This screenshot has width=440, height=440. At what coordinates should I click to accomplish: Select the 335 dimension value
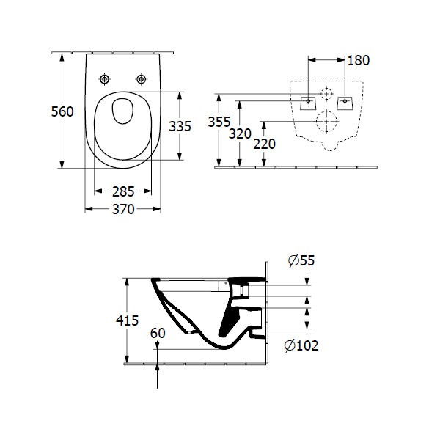[x=180, y=126]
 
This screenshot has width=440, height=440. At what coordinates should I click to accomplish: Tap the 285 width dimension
[x=123, y=191]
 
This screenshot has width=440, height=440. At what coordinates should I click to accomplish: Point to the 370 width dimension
[x=123, y=210]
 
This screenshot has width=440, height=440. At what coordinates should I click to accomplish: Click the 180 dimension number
[x=357, y=60]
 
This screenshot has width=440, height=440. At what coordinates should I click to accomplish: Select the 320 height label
[x=240, y=134]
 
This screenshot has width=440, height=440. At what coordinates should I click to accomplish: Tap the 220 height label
[x=264, y=144]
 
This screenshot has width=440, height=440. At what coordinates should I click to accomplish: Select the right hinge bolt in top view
[x=140, y=78]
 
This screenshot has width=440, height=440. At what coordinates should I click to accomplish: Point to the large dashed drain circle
[x=326, y=121]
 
